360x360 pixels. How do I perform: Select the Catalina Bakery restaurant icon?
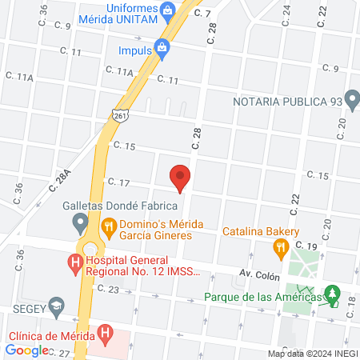click(x=280, y=250)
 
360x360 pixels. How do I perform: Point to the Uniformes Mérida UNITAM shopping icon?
click(x=168, y=10)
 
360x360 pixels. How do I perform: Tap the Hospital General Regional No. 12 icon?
click(x=74, y=262)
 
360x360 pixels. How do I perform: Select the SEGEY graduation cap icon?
click(x=56, y=306)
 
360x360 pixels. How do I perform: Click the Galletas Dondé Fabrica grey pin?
click(x=80, y=221)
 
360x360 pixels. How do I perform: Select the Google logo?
click(x=26, y=350)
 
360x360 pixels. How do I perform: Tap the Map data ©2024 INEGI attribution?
click(x=312, y=353)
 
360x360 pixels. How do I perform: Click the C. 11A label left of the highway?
click(x=20, y=77)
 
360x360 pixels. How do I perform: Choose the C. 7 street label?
click(x=202, y=13)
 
